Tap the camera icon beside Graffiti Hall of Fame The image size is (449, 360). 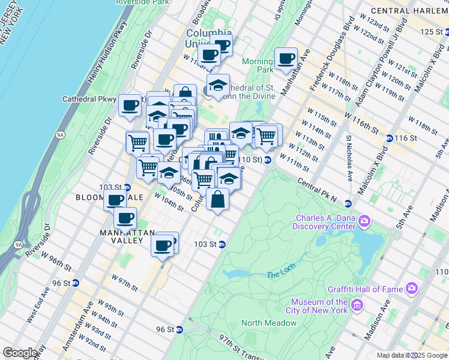pos(412,289)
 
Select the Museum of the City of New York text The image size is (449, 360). pos(319,306)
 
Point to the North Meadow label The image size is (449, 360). pos(269,323)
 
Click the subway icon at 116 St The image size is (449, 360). pos(390,138)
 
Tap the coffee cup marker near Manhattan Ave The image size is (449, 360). pos(286,59)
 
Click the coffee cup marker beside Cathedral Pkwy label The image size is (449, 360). pos(130,106)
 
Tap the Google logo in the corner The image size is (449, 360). pos(20,353)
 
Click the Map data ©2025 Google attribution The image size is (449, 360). pos(411,355)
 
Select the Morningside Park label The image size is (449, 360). pos(258,65)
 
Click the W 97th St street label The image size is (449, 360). pos(124,282)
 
